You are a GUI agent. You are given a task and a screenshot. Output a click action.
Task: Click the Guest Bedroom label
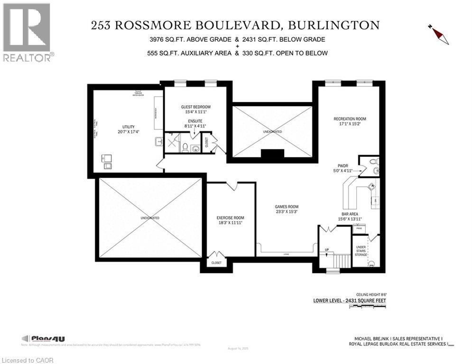pyautogui.click(x=195, y=107)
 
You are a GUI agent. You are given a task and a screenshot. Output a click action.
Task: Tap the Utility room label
pyautogui.click(x=129, y=127)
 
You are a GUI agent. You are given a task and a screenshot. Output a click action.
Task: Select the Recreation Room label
pyautogui.click(x=350, y=119)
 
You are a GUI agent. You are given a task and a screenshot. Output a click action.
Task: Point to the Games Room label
pyautogui.click(x=287, y=207)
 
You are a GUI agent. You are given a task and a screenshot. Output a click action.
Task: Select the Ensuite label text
pyautogui.click(x=195, y=121)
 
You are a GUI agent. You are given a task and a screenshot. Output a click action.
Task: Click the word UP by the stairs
pyautogui.click(x=326, y=250)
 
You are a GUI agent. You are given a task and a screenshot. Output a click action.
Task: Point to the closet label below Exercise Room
pyautogui.click(x=216, y=263)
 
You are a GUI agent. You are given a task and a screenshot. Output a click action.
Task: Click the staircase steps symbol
pyautogui.click(x=342, y=260)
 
